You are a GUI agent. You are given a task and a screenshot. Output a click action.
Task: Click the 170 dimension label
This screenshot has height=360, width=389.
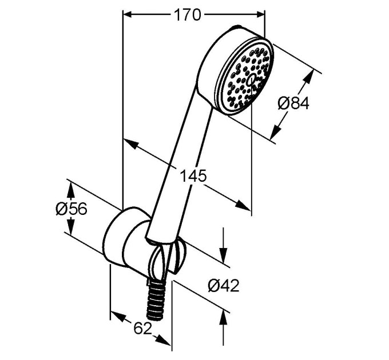187,15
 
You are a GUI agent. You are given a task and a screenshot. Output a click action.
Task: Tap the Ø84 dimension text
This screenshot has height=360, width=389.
293,103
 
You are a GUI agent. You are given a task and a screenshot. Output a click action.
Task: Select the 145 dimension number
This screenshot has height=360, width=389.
193,175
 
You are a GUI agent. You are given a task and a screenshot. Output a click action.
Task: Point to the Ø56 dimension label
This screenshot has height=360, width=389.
72,209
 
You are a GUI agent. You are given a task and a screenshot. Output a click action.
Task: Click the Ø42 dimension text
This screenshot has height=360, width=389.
224,285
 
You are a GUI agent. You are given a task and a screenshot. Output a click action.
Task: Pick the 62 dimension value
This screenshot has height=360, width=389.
142,329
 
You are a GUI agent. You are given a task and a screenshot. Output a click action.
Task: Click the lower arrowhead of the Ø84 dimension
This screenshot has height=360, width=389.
275,133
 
